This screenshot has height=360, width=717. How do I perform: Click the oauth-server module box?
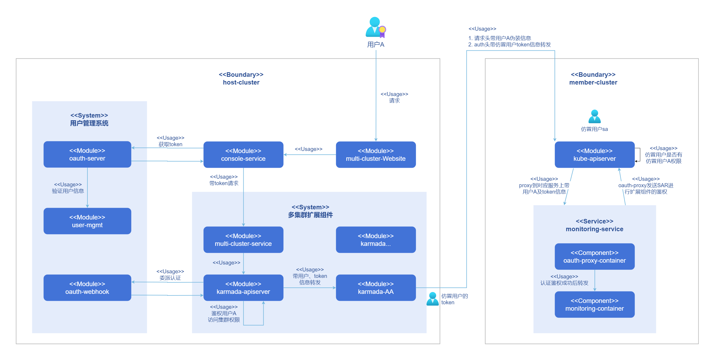[x=87, y=154]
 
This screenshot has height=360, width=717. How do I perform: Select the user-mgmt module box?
[x=87, y=221]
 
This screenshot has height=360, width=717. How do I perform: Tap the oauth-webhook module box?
[x=87, y=288]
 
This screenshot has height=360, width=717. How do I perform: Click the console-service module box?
[x=243, y=154]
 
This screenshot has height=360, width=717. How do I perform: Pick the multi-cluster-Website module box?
[x=376, y=154]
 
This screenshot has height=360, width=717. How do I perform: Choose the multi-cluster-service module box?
[x=243, y=239]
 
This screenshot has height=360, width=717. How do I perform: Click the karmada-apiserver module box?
[x=243, y=288]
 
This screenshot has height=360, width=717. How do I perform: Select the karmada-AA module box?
[x=376, y=288]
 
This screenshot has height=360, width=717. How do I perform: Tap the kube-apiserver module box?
[x=595, y=154]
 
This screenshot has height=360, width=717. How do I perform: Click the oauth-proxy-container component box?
[x=595, y=257]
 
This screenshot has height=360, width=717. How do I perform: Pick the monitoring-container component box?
[x=595, y=304]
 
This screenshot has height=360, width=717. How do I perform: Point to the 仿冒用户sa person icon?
[x=595, y=117]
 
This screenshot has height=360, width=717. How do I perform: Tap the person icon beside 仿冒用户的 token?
[x=433, y=299]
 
